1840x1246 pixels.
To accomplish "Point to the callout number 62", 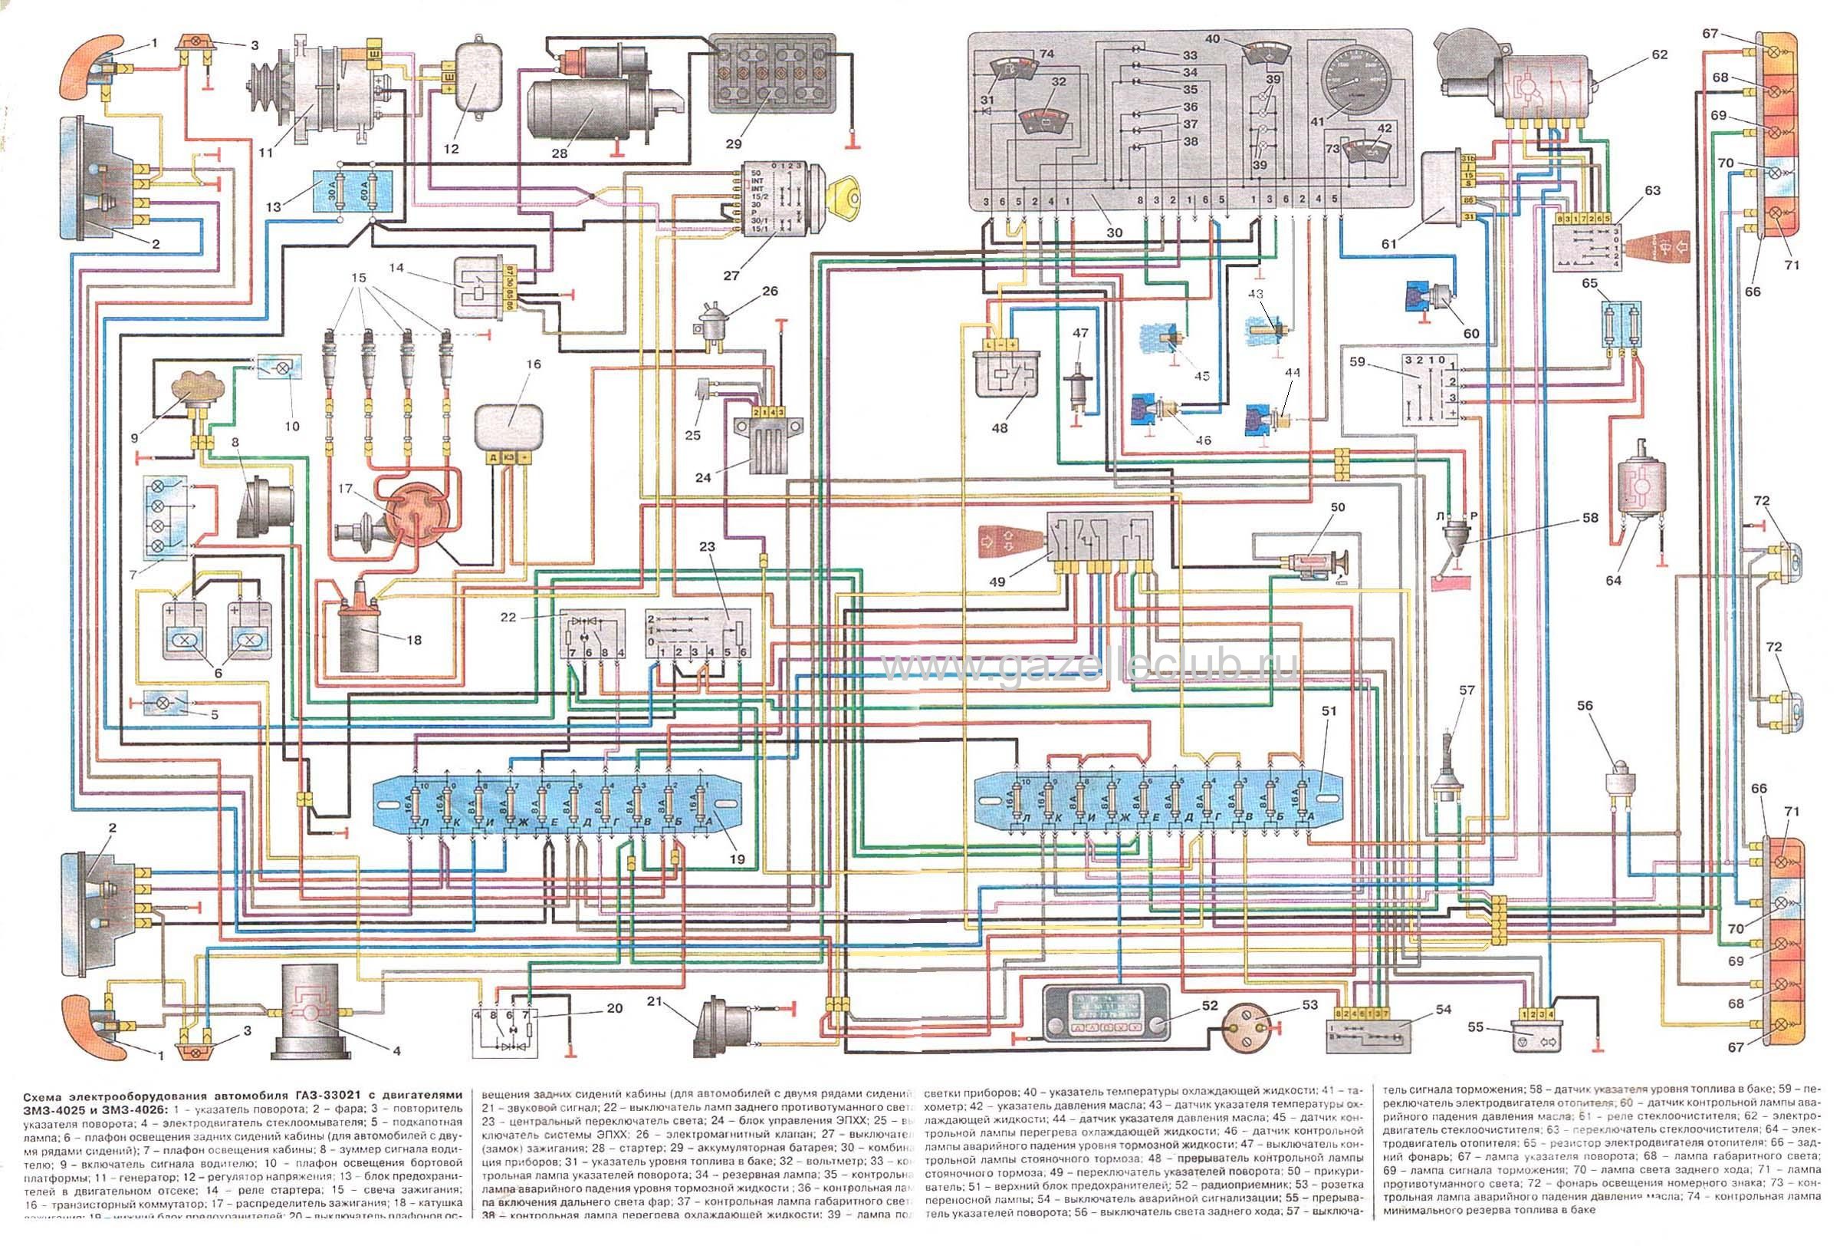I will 1659,54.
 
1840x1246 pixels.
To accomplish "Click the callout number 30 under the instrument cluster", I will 1114,233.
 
